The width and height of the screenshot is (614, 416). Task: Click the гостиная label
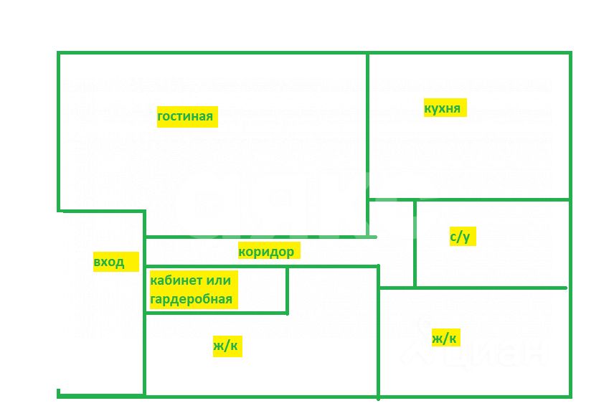pos(185,116)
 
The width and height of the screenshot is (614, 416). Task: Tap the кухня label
pos(442,108)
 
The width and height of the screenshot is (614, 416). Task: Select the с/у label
pos(460,236)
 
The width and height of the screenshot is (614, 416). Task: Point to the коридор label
pos(266,252)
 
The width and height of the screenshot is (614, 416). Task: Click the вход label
pos(109,262)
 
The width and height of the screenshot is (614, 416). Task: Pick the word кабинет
pos(176,280)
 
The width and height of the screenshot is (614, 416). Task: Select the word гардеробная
pos(191,299)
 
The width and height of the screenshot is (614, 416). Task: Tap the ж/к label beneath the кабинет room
pos(225,345)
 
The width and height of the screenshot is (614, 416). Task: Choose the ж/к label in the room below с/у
pos(444,338)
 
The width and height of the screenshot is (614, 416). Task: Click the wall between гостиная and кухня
pos(368,144)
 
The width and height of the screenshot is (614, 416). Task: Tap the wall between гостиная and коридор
pos(260,237)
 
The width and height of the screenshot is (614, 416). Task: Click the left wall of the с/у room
pos(415,244)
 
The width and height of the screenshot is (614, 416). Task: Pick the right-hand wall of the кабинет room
pos(288,290)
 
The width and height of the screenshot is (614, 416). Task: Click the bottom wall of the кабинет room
pos(217,313)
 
